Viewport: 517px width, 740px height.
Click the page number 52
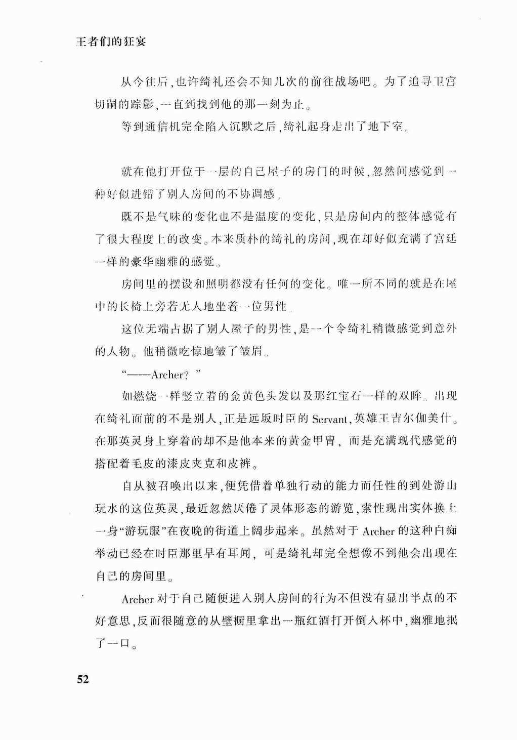click(83, 679)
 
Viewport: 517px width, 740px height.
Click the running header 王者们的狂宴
click(111, 42)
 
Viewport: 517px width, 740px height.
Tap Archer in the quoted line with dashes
click(167, 375)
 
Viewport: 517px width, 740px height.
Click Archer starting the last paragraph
click(138, 599)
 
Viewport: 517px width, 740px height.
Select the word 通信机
click(162, 127)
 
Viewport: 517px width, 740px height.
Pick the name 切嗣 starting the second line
click(107, 104)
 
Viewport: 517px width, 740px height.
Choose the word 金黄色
click(246, 396)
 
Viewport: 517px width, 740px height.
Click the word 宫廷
click(445, 239)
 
